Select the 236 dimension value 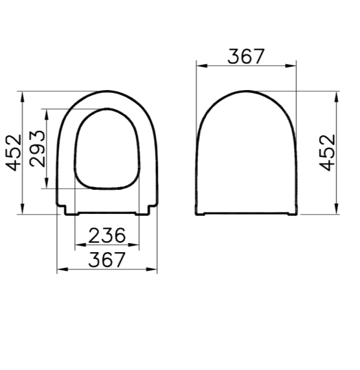point(107,236)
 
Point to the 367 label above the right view point(246,56)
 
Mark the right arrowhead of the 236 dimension point(138,246)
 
